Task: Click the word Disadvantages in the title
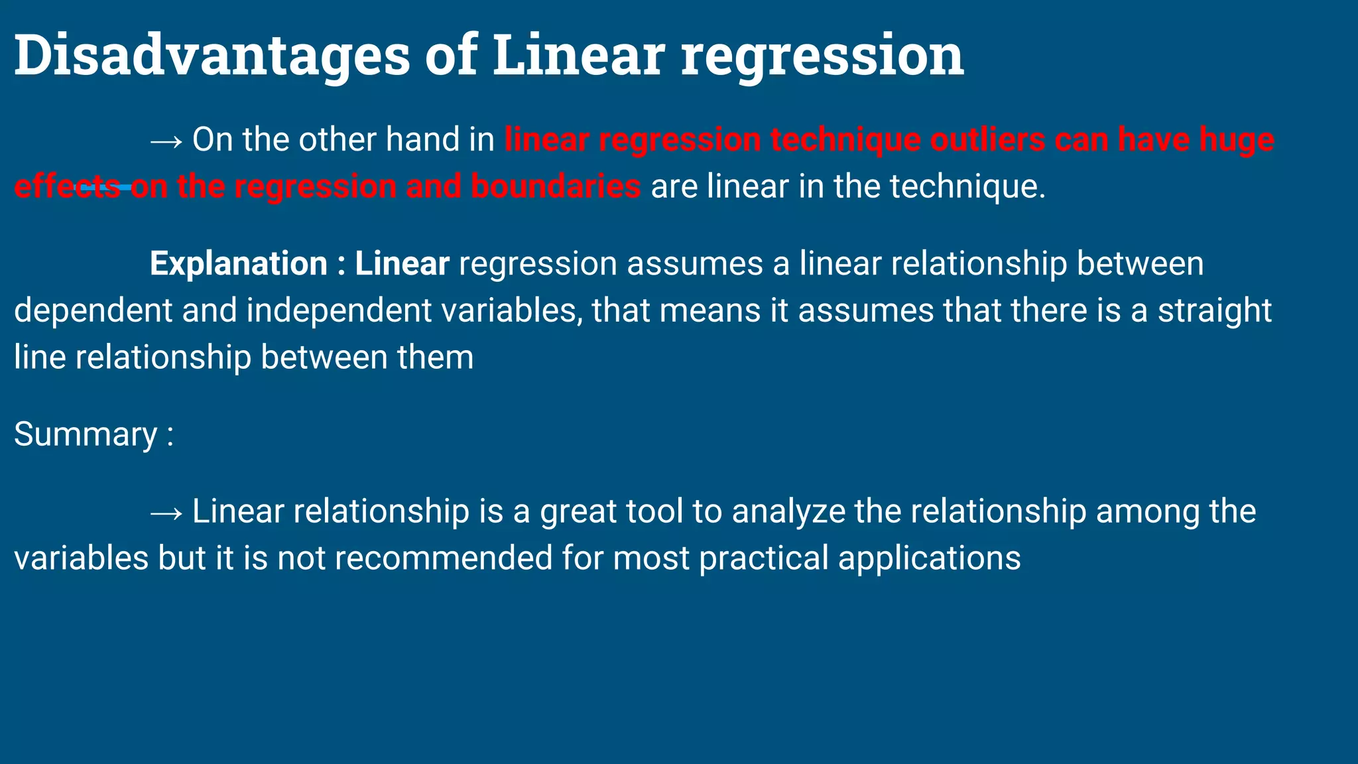pos(212,56)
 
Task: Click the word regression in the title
pos(822,56)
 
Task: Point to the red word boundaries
pos(556,186)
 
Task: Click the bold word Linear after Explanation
pos(402,264)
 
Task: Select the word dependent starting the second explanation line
pos(93,311)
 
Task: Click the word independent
pos(339,311)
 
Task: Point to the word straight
pos(1214,311)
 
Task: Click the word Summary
pos(86,435)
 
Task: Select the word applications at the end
pos(929,558)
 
